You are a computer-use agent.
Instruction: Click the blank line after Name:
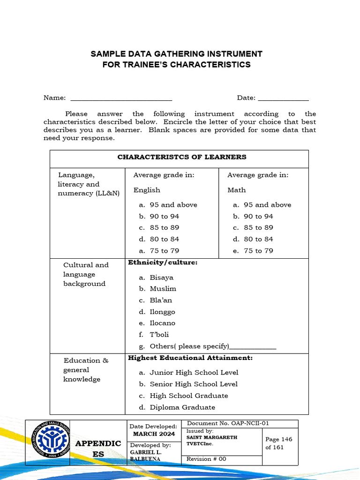click(121, 99)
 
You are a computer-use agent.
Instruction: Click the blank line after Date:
click(283, 99)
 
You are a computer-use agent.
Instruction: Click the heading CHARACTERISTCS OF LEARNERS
click(182, 157)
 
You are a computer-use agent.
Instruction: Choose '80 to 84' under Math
click(258, 239)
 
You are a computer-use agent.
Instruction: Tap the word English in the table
click(147, 190)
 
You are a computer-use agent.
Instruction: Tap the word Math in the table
click(236, 190)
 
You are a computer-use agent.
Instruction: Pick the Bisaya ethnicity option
click(161, 277)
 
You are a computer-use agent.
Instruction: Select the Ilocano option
click(162, 323)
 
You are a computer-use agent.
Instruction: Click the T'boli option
click(159, 335)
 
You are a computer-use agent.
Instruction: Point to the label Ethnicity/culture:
click(163, 262)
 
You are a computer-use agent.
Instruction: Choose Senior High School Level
click(193, 384)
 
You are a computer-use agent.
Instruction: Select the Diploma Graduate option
click(182, 407)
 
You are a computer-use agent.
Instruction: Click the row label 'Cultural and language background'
click(85, 274)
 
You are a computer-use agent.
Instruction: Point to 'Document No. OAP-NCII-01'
click(228, 423)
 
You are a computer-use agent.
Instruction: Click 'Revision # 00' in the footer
click(206, 459)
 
